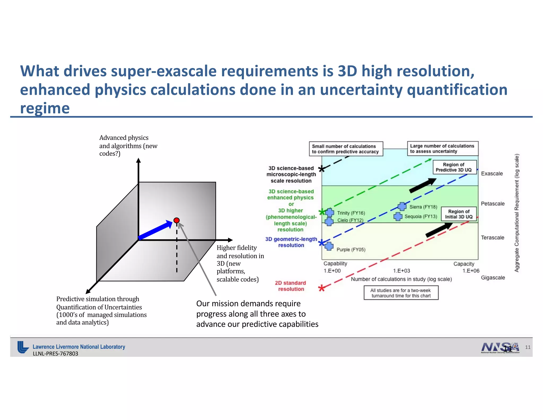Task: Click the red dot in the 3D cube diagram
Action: (x=177, y=220)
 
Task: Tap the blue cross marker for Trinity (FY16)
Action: (x=330, y=212)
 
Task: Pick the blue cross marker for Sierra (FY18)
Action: (x=402, y=206)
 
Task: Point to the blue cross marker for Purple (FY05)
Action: (x=329, y=246)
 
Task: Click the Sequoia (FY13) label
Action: (x=421, y=216)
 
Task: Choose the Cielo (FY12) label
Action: (x=350, y=220)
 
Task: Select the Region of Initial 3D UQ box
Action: (x=459, y=214)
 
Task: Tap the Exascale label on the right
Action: (x=492, y=174)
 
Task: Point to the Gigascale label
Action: (x=493, y=278)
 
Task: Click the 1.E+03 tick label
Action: (x=401, y=271)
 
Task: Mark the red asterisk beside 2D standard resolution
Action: (x=322, y=288)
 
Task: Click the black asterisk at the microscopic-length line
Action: (x=321, y=169)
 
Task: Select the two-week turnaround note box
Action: (x=401, y=293)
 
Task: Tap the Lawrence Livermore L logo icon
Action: (x=23, y=347)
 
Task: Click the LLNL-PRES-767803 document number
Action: (x=55, y=354)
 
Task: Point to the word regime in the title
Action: (x=45, y=108)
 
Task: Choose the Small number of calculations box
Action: (x=346, y=149)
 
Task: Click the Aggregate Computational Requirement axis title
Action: (x=517, y=213)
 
